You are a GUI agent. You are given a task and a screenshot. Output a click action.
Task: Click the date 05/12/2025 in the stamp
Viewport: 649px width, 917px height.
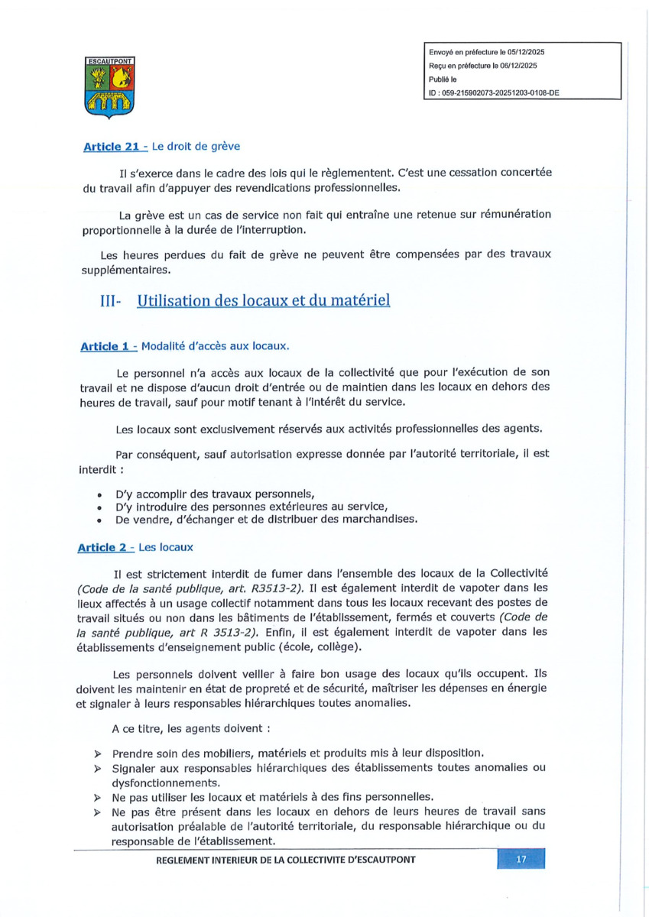click(519, 52)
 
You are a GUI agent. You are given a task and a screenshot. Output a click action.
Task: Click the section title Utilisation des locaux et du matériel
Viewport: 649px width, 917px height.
click(263, 300)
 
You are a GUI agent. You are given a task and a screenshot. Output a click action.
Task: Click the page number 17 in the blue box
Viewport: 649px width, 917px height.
click(521, 860)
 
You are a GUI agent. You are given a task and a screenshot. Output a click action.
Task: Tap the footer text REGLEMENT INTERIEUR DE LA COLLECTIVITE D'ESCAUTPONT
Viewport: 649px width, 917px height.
click(286, 860)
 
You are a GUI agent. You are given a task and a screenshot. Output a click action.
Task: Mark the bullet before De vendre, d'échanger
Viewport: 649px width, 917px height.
click(100, 520)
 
